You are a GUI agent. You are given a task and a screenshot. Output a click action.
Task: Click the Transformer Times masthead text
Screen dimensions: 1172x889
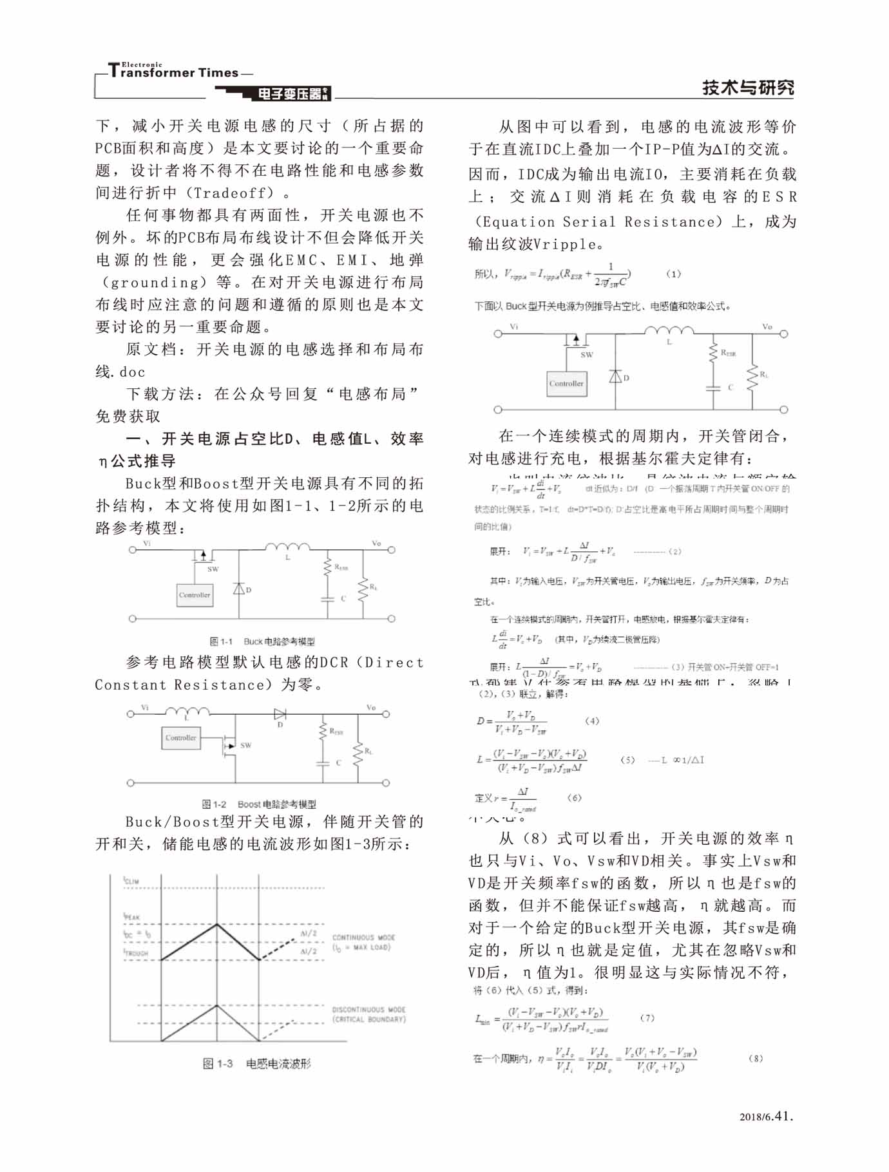174,72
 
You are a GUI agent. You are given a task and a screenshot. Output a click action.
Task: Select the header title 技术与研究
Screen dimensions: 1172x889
748,88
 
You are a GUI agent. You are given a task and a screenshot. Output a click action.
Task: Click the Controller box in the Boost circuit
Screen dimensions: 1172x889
180,738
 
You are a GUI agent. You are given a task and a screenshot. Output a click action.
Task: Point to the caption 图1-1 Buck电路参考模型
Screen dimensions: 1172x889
262,641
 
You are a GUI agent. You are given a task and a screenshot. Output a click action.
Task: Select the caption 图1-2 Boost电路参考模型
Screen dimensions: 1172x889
259,804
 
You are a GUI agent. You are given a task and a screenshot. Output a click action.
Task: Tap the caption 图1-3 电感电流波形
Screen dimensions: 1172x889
256,1064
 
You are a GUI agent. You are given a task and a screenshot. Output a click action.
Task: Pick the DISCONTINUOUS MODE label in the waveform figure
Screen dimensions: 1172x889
368,1010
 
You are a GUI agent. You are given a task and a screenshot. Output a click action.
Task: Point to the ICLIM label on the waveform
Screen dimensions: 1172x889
131,881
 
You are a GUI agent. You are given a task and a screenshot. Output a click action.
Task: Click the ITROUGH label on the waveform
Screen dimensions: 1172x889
136,953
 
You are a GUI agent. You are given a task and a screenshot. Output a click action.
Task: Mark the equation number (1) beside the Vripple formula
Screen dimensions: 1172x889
673,274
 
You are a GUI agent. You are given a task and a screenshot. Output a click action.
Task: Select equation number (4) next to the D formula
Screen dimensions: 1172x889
591,721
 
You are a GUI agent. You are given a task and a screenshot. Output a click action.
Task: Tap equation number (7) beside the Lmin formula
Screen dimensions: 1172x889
647,1018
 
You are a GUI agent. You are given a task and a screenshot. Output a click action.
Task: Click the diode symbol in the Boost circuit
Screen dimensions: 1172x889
280,714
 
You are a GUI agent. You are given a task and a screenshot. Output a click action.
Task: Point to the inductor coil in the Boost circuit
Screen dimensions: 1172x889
187,711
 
